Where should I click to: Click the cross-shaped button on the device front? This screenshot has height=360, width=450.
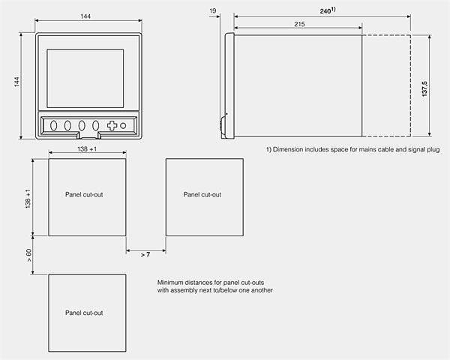112,126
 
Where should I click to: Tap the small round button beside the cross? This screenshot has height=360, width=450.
124,126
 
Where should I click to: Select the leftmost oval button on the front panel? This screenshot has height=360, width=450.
54,126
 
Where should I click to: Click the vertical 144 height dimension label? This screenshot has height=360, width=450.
16,85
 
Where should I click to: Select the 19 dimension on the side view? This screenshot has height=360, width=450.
214,10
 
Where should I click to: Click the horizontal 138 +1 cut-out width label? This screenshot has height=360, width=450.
88,151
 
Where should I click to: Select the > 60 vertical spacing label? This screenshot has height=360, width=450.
29,255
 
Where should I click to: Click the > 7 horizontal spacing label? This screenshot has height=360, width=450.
145,255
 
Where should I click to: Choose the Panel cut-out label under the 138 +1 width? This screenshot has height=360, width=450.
84,194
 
